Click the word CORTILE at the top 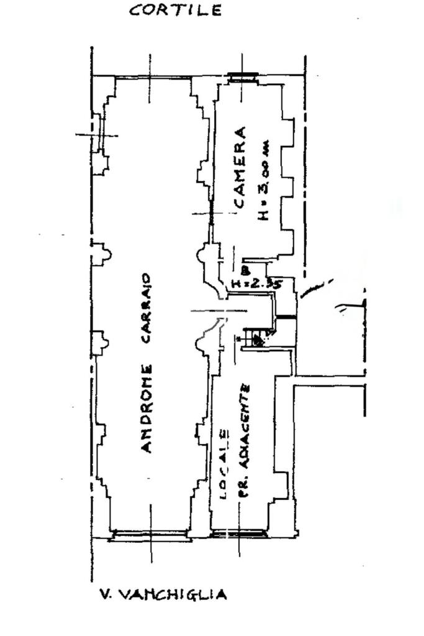click(175, 11)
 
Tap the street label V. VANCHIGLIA click(163, 595)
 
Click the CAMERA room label click(240, 167)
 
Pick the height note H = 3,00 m click(264, 181)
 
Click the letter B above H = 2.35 click(245, 271)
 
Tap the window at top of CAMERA click(243, 77)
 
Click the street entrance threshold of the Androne click(150, 534)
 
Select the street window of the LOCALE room click(240, 533)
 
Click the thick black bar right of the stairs click(286, 318)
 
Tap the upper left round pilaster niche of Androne click(102, 254)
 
